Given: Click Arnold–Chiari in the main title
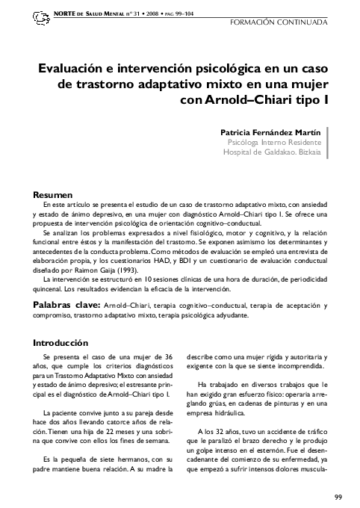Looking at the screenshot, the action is click(261, 97).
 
